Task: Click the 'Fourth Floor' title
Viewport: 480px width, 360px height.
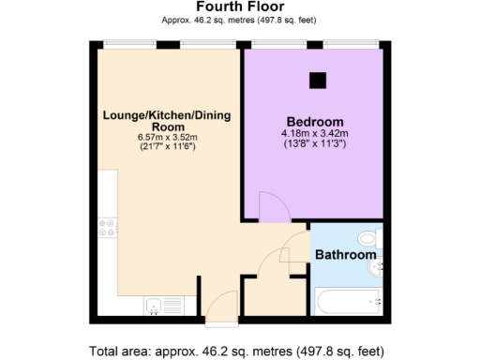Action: (x=240, y=6)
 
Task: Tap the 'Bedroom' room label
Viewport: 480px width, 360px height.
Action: (x=313, y=122)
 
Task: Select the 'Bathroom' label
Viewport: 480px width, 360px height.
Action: (x=345, y=255)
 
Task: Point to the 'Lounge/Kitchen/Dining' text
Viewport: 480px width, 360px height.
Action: (x=166, y=115)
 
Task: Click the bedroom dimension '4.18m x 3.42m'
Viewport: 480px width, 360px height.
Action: (x=313, y=134)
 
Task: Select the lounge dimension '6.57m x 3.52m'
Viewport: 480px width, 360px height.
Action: (x=166, y=138)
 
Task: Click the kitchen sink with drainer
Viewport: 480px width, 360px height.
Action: (x=159, y=304)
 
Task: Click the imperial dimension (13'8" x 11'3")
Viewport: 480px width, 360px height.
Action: (x=313, y=144)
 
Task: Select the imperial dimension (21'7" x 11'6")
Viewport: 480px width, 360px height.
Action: (x=166, y=148)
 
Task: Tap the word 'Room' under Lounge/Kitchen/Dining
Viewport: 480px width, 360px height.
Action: (x=166, y=127)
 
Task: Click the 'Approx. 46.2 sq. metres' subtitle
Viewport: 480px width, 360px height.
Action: (x=240, y=18)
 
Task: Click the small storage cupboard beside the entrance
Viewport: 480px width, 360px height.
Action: (x=274, y=296)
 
